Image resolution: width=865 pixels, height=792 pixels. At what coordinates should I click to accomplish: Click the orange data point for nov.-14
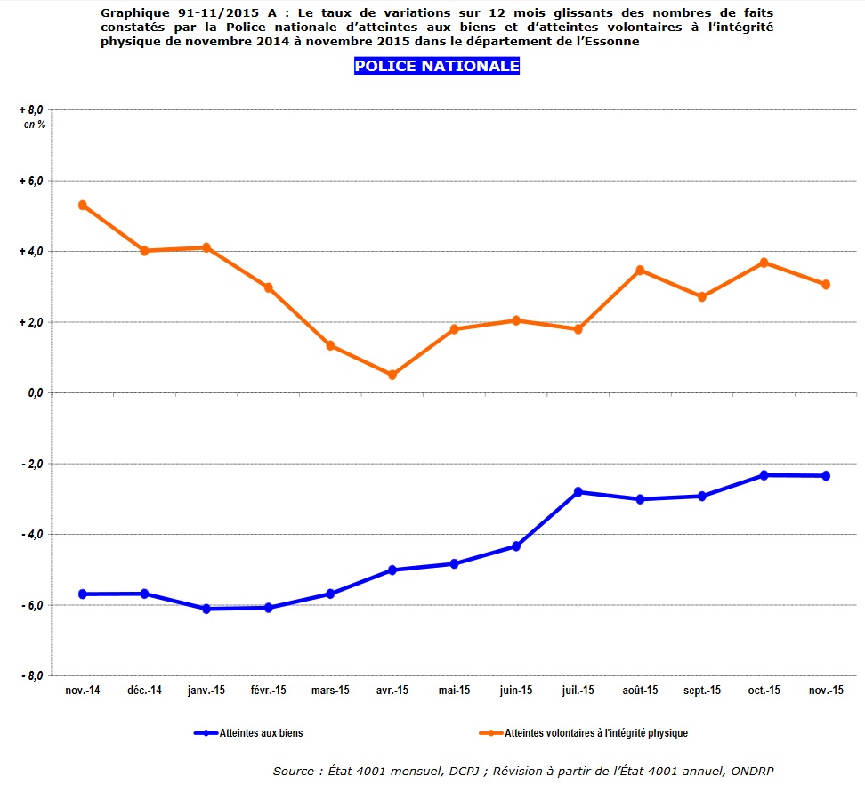tap(83, 205)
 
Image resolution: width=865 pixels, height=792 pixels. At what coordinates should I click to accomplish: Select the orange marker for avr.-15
tap(392, 375)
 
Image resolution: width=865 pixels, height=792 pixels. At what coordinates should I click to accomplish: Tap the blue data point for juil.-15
tap(578, 492)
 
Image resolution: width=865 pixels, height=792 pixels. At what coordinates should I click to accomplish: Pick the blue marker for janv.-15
tap(206, 609)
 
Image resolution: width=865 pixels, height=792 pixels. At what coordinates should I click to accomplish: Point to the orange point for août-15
tap(640, 270)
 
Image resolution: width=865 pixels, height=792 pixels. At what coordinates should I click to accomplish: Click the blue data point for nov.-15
tap(826, 476)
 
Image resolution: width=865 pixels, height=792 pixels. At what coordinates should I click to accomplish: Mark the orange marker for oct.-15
tap(764, 263)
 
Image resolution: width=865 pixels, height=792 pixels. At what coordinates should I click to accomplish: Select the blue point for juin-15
tap(516, 546)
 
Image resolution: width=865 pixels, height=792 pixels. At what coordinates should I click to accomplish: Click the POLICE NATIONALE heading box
tap(437, 67)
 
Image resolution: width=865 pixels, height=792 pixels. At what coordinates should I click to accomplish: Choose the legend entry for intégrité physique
tap(596, 733)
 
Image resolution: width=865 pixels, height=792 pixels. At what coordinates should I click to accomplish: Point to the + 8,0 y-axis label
tap(32, 109)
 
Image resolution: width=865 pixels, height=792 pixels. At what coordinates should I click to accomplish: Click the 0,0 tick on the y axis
tap(35, 392)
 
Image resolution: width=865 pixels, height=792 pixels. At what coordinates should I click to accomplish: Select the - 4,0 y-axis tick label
tap(33, 534)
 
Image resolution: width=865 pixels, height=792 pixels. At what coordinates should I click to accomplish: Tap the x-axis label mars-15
tap(330, 691)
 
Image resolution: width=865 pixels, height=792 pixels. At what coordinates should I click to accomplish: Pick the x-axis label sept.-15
tap(702, 691)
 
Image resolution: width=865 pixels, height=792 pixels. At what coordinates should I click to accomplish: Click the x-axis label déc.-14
tap(144, 691)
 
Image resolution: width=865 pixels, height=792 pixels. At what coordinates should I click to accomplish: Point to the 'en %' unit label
tap(35, 125)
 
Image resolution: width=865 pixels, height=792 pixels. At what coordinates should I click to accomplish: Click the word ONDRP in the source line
tap(761, 771)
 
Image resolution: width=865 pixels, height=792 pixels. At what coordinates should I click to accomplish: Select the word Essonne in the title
tap(611, 41)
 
